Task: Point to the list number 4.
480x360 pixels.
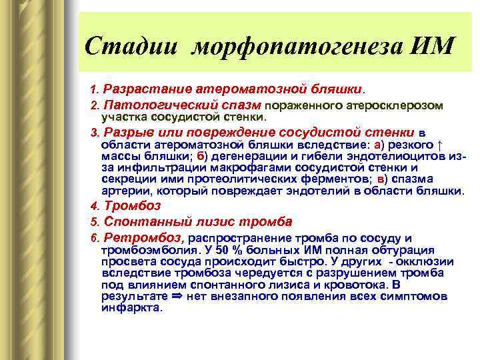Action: (x=94, y=206)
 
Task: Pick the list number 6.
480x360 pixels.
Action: (x=94, y=238)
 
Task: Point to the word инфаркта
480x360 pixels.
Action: (x=131, y=308)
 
